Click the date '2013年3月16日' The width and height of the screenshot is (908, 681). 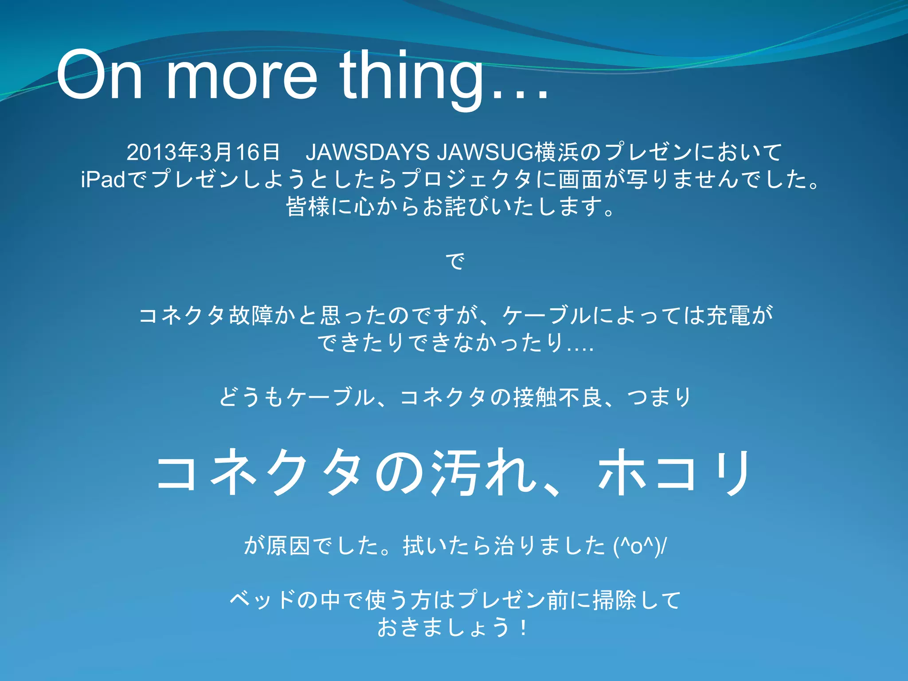tap(203, 152)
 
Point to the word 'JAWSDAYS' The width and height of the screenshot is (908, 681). tap(367, 152)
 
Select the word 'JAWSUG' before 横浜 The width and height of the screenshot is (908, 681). tap(485, 152)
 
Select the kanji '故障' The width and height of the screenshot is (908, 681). tap(251, 316)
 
